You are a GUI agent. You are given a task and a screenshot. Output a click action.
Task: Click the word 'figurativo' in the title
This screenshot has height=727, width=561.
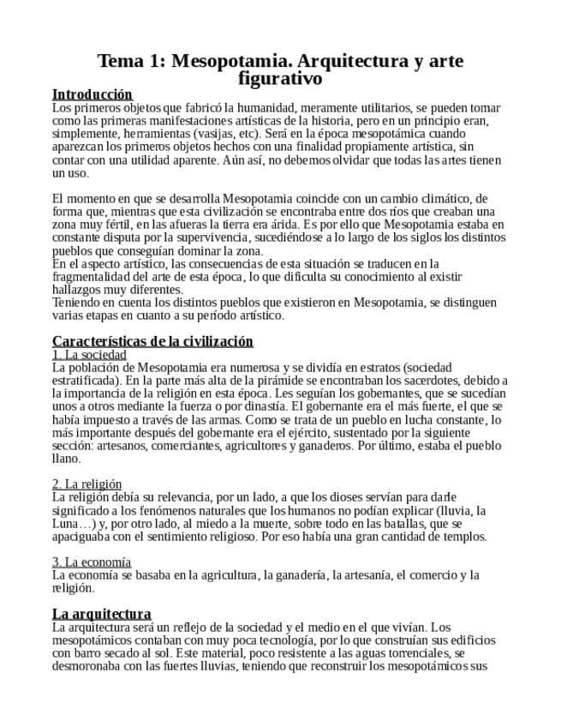click(x=281, y=79)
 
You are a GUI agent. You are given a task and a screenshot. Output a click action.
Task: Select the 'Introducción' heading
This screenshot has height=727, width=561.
click(x=93, y=94)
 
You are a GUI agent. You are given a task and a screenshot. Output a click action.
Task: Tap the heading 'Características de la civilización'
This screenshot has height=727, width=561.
click(x=152, y=341)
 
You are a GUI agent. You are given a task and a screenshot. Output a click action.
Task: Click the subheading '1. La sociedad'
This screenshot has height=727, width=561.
click(x=89, y=354)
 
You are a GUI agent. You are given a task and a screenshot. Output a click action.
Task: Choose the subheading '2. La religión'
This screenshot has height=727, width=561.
click(x=87, y=484)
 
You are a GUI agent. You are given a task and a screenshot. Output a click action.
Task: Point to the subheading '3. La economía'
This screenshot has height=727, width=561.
click(x=92, y=562)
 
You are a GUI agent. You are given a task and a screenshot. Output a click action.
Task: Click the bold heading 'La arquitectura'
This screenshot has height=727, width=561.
click(x=101, y=614)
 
